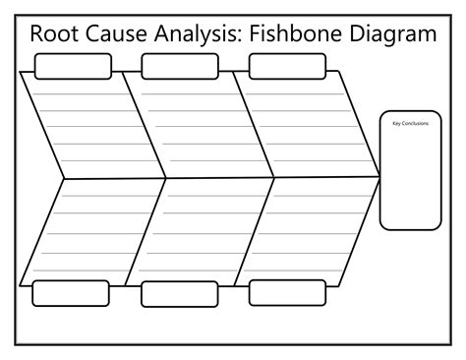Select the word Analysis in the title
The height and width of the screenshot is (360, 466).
197,34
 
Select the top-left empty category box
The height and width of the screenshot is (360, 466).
73,66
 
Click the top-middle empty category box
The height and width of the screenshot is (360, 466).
180,66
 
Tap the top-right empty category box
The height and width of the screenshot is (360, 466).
287,66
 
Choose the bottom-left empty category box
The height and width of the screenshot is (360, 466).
71,293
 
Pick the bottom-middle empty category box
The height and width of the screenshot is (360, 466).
180,294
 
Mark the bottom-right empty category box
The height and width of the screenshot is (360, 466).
287,292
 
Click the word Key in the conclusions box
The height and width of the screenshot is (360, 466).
397,124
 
